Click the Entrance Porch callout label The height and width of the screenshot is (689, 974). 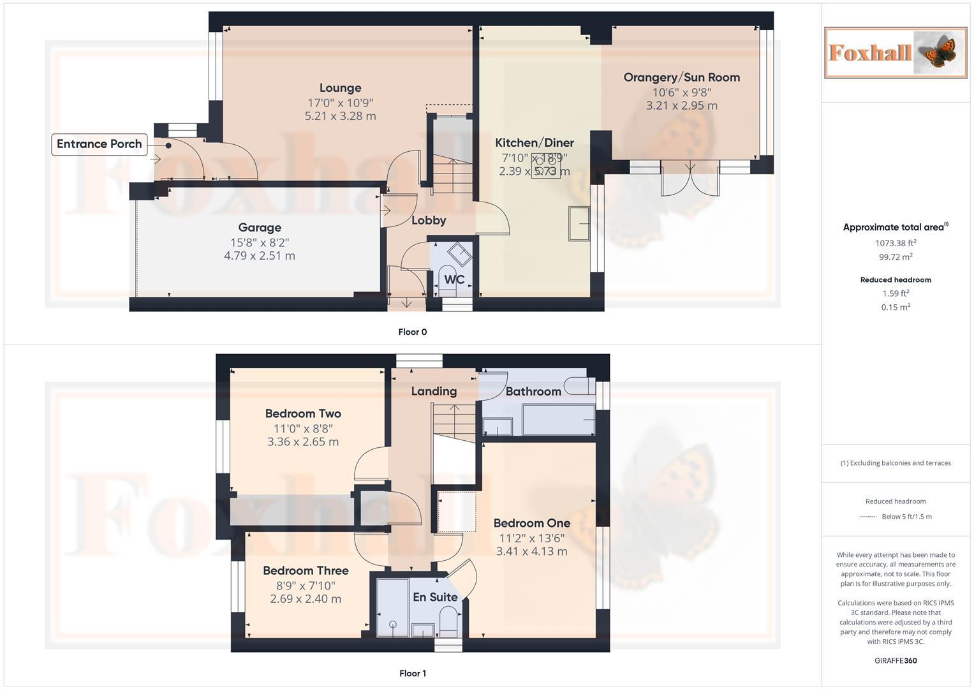pos(99,144)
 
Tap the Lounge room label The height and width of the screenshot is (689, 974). pos(340,88)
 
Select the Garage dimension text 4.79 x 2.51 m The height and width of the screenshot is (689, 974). pos(259,256)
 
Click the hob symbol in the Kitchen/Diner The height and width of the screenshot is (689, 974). pos(546,167)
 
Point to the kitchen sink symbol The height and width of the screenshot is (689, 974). pos(579,223)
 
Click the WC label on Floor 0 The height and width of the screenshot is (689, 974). pos(454,279)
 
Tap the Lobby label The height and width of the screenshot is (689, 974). pos(428,221)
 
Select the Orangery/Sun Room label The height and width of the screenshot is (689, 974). pos(681,77)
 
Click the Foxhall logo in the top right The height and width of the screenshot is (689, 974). pos(895,52)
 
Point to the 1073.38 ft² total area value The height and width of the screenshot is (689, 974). pos(896,243)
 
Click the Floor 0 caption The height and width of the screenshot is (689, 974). pos(412,332)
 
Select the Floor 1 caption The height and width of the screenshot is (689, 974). pos(412,673)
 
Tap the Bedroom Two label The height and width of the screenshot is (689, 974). pos(303,413)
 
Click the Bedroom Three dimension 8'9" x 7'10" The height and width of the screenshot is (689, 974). pos(306,585)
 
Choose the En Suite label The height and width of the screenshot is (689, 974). pos(435,597)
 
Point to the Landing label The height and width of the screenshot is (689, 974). pos(434,391)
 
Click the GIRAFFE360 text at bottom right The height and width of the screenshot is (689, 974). pos(895,660)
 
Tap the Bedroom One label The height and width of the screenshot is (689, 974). pos(531,523)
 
